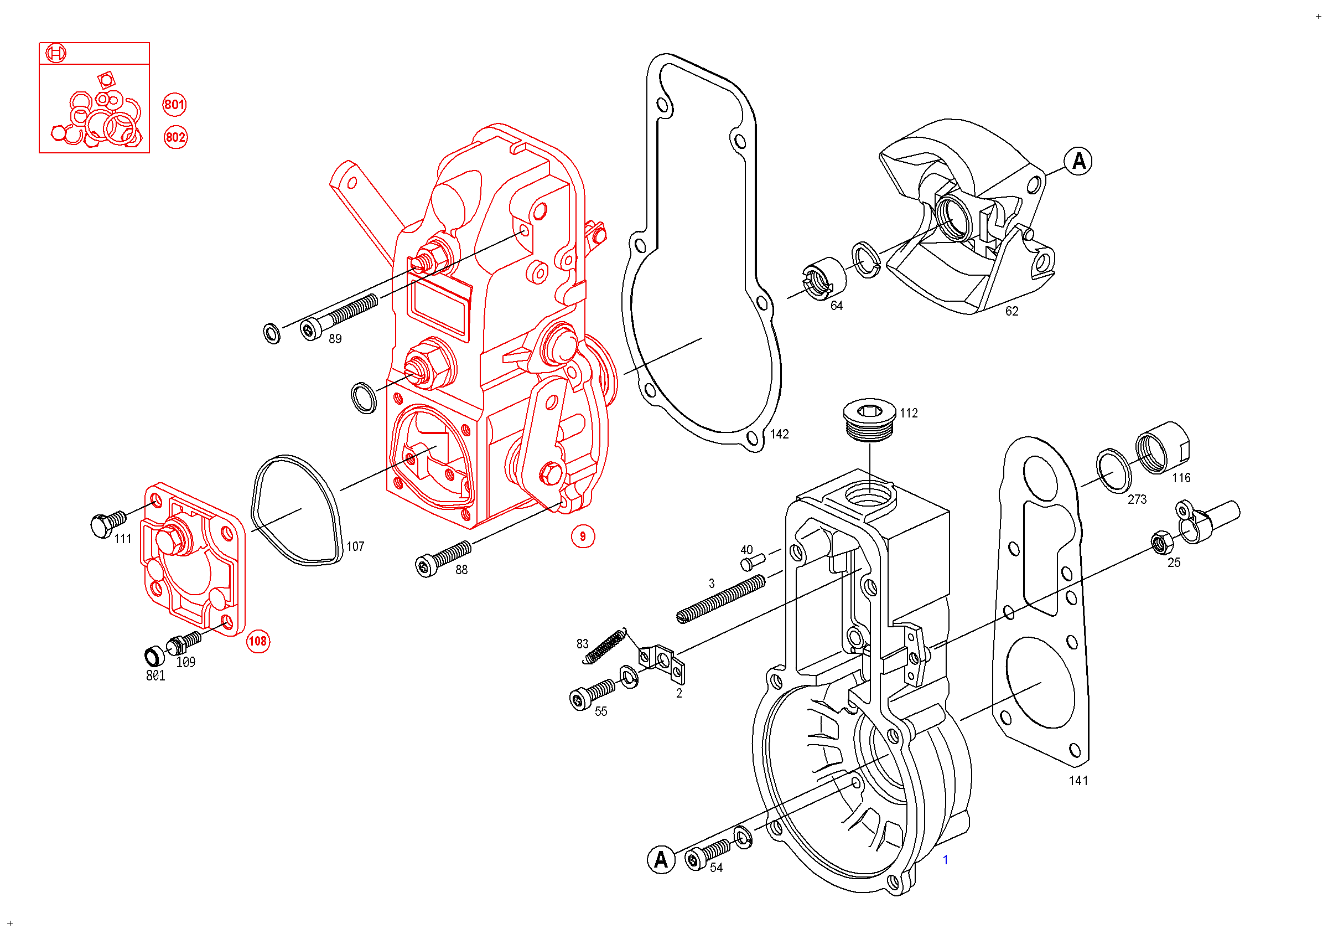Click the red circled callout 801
tap(175, 105)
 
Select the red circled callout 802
tap(175, 137)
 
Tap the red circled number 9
tap(583, 537)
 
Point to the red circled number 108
tap(258, 642)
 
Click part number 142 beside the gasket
tap(779, 435)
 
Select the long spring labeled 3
tap(720, 599)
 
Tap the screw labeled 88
tap(443, 559)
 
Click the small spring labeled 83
tap(604, 646)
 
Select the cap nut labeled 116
tap(1163, 448)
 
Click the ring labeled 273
tap(1113, 471)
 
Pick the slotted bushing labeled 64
tap(824, 280)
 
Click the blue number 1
tap(946, 860)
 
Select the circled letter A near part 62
tap(1078, 162)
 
